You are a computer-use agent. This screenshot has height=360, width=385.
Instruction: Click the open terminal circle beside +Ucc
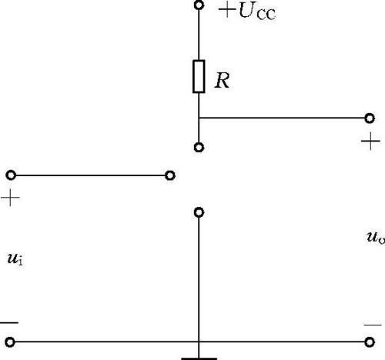coord(199,5)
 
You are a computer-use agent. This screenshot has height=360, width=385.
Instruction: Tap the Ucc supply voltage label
coord(257,12)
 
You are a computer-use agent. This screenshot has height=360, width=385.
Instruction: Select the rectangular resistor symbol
coord(199,76)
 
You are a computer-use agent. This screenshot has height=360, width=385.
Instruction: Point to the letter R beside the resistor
coord(223,81)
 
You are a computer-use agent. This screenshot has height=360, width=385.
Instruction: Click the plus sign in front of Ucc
coord(227,10)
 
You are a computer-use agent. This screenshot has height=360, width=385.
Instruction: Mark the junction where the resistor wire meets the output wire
coord(199,118)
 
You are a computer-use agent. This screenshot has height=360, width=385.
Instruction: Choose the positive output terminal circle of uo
coord(370,118)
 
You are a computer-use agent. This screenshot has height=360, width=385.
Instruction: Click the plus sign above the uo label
coord(370,141)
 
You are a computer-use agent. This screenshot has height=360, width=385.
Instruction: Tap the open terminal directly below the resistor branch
coord(199,148)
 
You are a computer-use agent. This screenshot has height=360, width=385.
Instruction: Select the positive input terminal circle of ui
coord(11,175)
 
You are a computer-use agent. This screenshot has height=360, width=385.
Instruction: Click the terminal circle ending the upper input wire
coord(170,175)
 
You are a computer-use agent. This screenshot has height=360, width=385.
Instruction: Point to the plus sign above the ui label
coord(10,198)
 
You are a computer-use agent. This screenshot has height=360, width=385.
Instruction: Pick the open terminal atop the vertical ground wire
coord(199,212)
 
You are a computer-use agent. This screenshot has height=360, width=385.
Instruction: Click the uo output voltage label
coord(376,237)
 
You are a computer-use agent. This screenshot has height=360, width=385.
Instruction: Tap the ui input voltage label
coord(15,258)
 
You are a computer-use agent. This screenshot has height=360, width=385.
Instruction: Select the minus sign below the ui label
coord(9,322)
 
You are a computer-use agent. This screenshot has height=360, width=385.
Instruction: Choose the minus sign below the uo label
coord(373,325)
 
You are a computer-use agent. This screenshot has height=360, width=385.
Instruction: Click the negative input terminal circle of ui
coord(10,342)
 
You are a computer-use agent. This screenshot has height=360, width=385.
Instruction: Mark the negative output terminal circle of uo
coord(370,342)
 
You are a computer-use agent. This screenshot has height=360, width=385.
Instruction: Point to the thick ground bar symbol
coord(199,358)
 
